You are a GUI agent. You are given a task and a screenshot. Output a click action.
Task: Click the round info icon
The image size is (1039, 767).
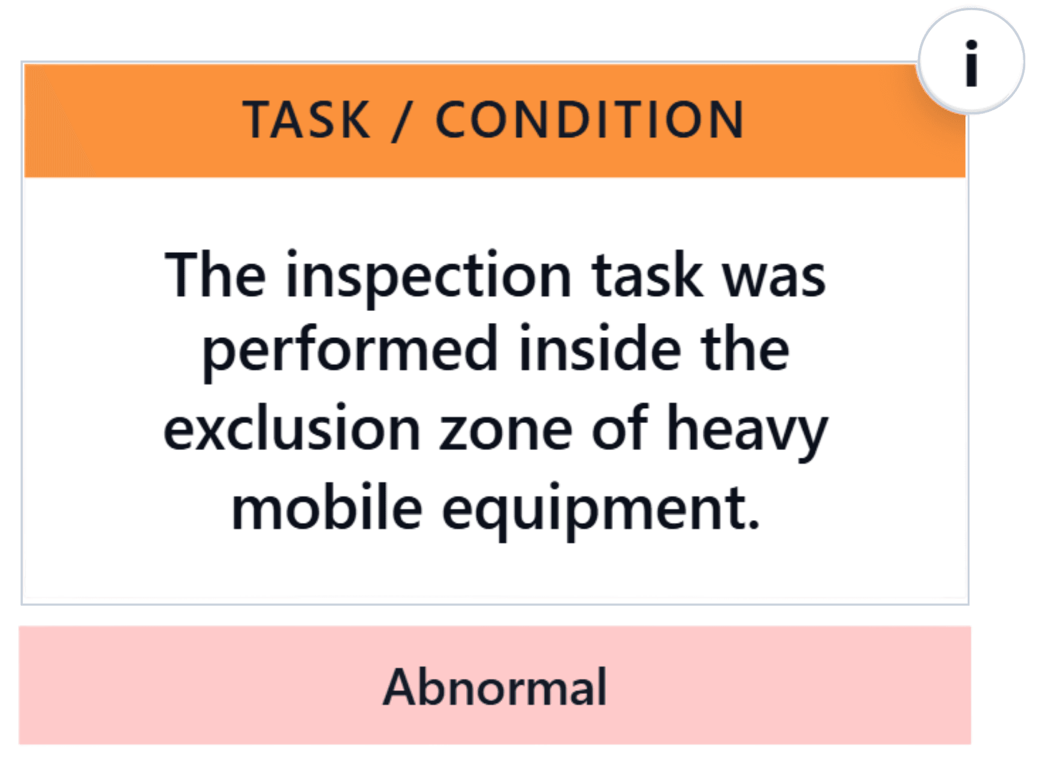click(x=971, y=62)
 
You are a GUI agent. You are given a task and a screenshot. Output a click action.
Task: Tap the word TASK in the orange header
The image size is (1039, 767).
click(x=307, y=120)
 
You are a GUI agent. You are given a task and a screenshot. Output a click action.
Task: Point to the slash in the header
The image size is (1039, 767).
click(x=402, y=120)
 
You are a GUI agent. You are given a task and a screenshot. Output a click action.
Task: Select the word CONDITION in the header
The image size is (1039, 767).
click(x=590, y=120)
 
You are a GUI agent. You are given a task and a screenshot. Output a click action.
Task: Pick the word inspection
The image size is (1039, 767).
click(x=429, y=278)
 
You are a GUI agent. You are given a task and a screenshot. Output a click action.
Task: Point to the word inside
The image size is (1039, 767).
click(x=600, y=348)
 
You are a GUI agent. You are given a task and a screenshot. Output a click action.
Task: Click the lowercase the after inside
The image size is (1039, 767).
click(x=745, y=348)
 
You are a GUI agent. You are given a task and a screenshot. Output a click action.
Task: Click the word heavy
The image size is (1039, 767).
click(x=748, y=431)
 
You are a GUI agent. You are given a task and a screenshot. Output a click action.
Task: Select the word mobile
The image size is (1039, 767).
click(x=327, y=506)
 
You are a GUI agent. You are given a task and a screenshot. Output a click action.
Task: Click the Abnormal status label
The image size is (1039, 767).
click(x=495, y=687)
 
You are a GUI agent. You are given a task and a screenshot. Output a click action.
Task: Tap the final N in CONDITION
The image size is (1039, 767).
click(x=726, y=120)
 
